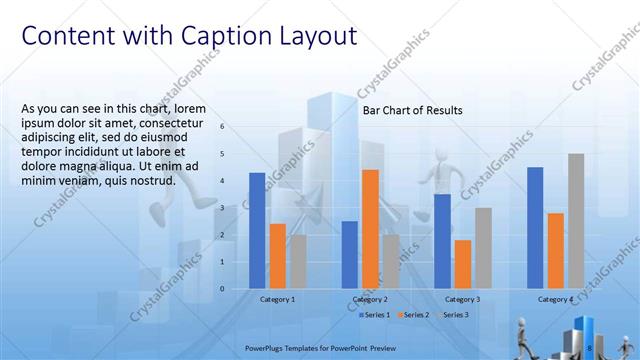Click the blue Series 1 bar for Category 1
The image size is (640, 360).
[257, 230]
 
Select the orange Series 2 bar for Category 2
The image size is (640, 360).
[370, 229]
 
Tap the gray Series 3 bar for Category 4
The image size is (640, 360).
[576, 221]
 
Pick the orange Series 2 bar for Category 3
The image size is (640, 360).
[462, 264]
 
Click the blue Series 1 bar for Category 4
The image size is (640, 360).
[535, 227]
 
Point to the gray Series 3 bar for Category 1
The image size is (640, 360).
[298, 261]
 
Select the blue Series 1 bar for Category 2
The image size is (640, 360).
[349, 254]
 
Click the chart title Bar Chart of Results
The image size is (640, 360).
[412, 111]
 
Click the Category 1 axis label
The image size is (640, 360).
[277, 299]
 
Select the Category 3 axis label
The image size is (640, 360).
[462, 299]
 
